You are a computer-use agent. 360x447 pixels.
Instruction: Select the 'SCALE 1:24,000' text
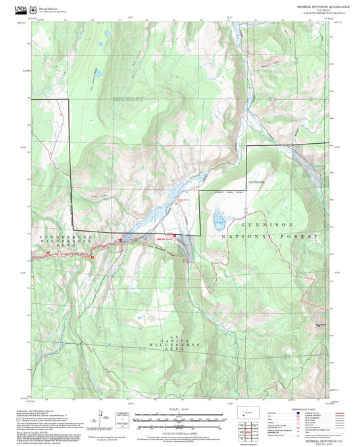point(180,409)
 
